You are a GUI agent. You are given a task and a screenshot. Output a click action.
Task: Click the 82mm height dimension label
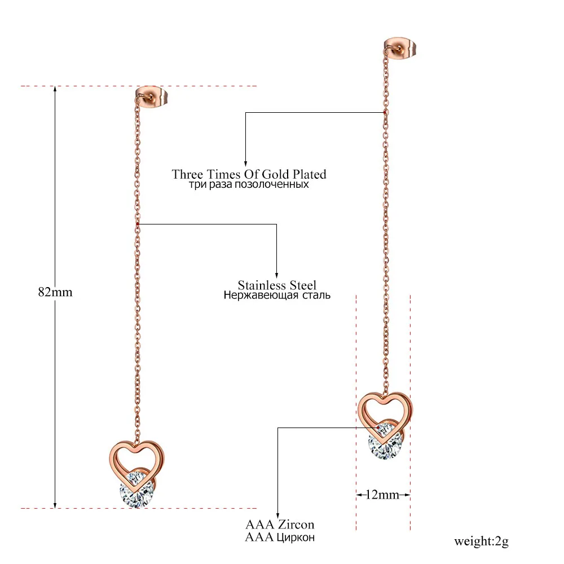click(x=55, y=292)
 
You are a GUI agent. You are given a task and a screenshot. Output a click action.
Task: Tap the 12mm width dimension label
click(x=382, y=495)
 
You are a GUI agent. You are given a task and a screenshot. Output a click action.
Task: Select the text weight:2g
click(x=481, y=542)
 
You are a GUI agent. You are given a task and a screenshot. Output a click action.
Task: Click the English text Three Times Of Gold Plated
click(x=249, y=174)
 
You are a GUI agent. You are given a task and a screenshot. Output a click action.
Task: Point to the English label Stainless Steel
click(x=276, y=285)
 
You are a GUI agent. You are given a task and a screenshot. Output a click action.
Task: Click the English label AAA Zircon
click(x=279, y=525)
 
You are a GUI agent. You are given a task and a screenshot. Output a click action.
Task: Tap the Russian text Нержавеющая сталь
click(x=276, y=295)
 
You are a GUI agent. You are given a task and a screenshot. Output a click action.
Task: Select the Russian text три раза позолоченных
click(x=249, y=184)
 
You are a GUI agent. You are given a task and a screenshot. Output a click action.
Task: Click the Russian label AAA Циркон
click(x=279, y=537)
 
